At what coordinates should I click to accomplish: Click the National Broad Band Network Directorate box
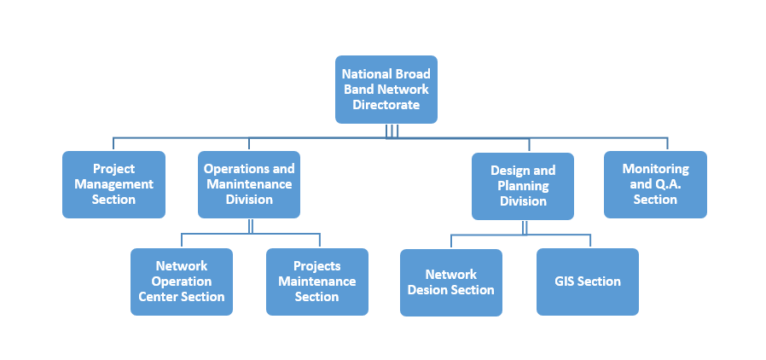pos(386,90)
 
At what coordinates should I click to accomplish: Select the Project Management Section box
pos(113,184)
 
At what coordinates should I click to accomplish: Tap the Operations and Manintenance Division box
pos(249,184)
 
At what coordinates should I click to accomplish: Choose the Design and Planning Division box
pos(523,186)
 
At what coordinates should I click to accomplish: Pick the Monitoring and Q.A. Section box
pos(655,184)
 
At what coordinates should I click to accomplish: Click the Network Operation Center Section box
pos(182,282)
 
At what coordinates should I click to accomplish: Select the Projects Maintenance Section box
pos(317,282)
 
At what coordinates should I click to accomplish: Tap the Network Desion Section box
pos(450,282)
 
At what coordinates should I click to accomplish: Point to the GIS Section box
pos(587,282)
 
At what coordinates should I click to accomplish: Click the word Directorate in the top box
pos(386,105)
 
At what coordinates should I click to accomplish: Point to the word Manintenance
pos(248,184)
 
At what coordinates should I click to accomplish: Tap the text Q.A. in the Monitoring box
pos(667,184)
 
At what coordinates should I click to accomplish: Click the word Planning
pos(523,186)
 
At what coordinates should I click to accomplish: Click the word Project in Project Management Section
pos(113,169)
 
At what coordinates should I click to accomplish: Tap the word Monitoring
pos(655,169)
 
